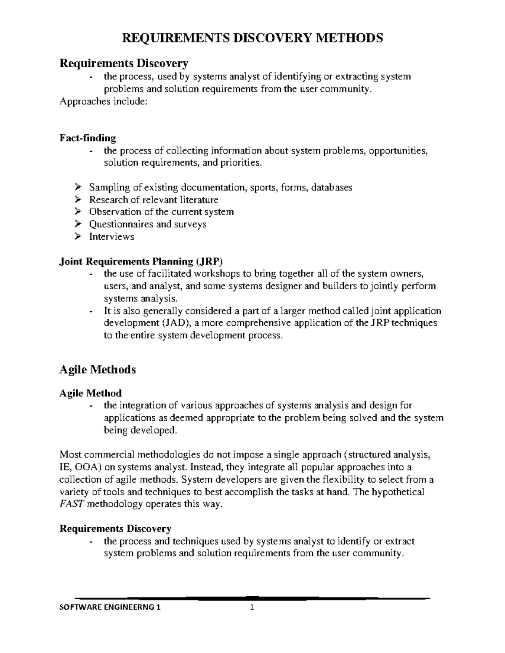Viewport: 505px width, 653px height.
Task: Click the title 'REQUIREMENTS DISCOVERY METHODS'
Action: point(252,38)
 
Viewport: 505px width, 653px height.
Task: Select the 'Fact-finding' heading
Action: point(88,138)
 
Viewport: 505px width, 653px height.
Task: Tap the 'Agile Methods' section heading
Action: point(98,370)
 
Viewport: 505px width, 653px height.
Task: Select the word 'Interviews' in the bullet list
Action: point(112,237)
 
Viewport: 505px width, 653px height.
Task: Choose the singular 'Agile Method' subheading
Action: point(90,393)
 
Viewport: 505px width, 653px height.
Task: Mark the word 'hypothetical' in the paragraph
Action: point(399,492)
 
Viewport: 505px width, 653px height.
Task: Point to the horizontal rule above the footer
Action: point(252,597)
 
